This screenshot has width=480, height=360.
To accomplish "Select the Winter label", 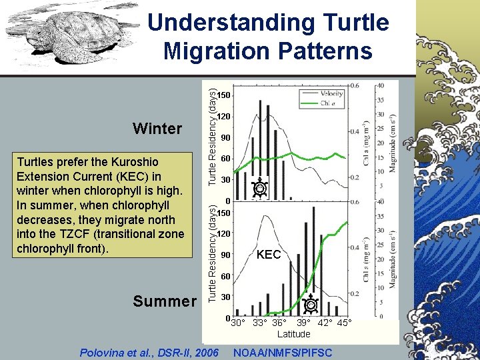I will tap(157, 128).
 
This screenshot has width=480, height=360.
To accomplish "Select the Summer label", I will tap(164, 301).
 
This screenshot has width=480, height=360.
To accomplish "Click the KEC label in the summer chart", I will tap(269, 255).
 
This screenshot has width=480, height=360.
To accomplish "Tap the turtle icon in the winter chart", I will tap(260, 189).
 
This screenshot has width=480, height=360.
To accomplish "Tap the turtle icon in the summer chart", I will tap(310, 305).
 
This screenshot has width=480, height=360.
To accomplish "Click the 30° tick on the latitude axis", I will tap(238, 323).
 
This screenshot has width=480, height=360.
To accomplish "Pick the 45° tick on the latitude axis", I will tap(344, 323).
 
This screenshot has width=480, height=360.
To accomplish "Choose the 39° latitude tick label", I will tap(303, 323).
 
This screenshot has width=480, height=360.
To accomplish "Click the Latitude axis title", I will tap(293, 334).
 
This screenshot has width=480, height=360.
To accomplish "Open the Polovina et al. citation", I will tap(148, 351).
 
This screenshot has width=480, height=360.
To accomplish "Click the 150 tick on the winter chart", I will tap(225, 96).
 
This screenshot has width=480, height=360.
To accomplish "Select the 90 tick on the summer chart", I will tap(226, 255).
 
